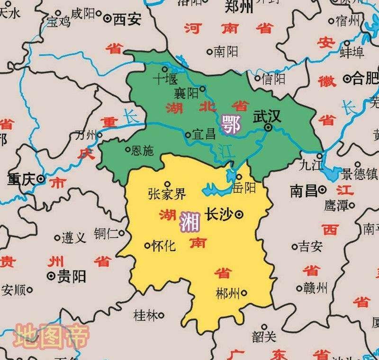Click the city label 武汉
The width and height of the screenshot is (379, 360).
(267, 117)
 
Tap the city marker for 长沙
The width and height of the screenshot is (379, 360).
(240, 215)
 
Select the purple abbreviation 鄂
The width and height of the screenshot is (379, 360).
(231, 124)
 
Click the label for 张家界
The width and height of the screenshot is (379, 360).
(167, 194)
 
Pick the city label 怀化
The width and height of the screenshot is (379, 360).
(164, 246)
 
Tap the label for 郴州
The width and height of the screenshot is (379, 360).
(227, 292)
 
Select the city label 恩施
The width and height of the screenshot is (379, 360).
(143, 151)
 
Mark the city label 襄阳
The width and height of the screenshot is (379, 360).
(186, 93)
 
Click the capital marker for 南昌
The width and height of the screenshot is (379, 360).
(323, 190)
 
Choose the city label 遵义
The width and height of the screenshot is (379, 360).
(74, 238)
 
